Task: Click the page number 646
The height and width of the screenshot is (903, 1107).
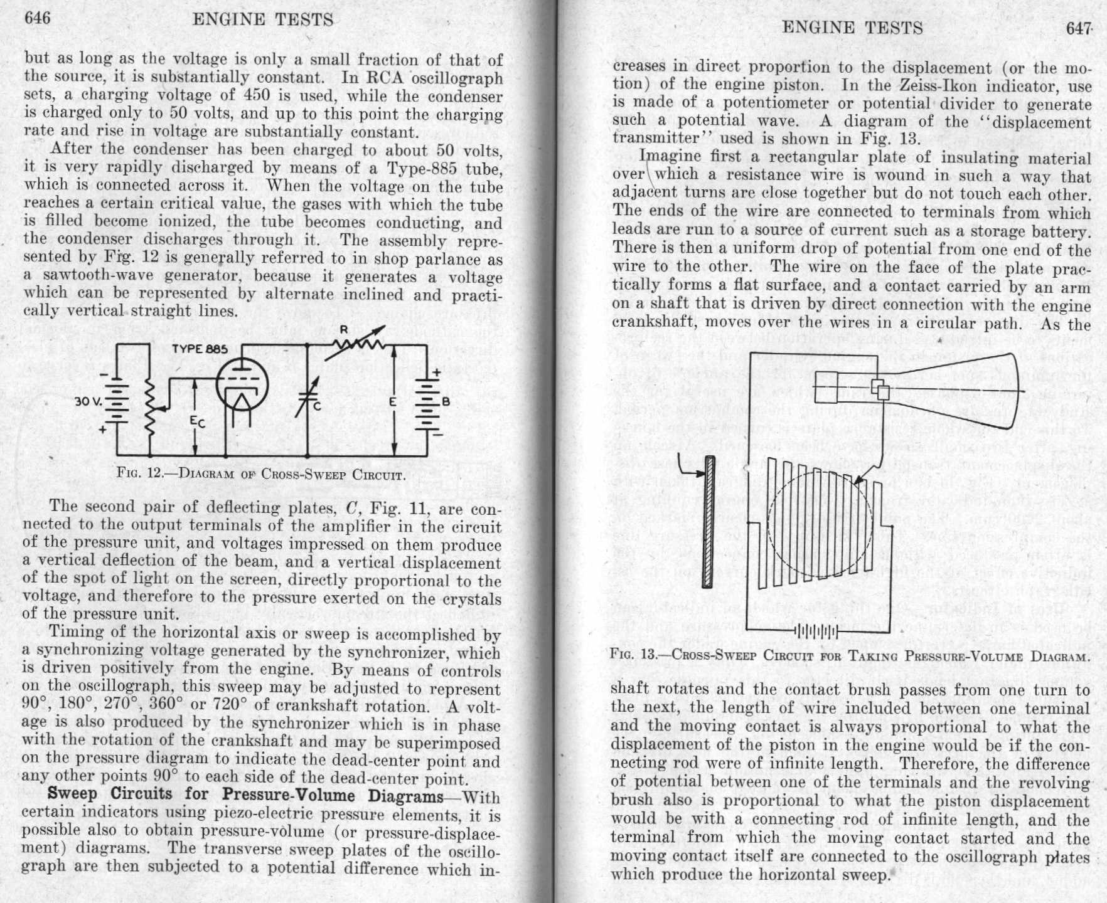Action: pyautogui.click(x=37, y=18)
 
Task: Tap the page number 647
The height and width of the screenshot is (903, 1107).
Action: pyautogui.click(x=1079, y=29)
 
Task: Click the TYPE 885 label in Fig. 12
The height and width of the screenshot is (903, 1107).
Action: pyautogui.click(x=200, y=349)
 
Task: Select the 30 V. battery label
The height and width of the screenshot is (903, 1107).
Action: pyautogui.click(x=86, y=401)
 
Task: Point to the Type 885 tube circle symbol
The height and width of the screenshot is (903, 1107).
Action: pyautogui.click(x=242, y=384)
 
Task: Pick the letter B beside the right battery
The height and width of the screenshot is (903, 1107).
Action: pyautogui.click(x=446, y=401)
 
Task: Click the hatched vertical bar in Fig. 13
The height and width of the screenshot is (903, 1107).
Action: pyautogui.click(x=709, y=521)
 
